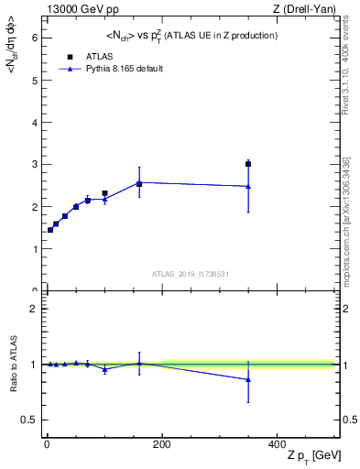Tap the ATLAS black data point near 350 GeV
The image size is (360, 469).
click(x=248, y=164)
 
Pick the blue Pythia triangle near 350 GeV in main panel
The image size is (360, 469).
click(x=248, y=186)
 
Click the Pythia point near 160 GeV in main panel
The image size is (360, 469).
click(x=139, y=183)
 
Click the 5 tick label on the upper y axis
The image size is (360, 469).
click(x=34, y=80)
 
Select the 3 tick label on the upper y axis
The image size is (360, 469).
click(x=34, y=165)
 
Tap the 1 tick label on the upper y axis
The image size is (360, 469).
click(x=34, y=249)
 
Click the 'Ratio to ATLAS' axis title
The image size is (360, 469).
click(x=13, y=365)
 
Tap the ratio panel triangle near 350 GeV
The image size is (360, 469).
click(x=248, y=379)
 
